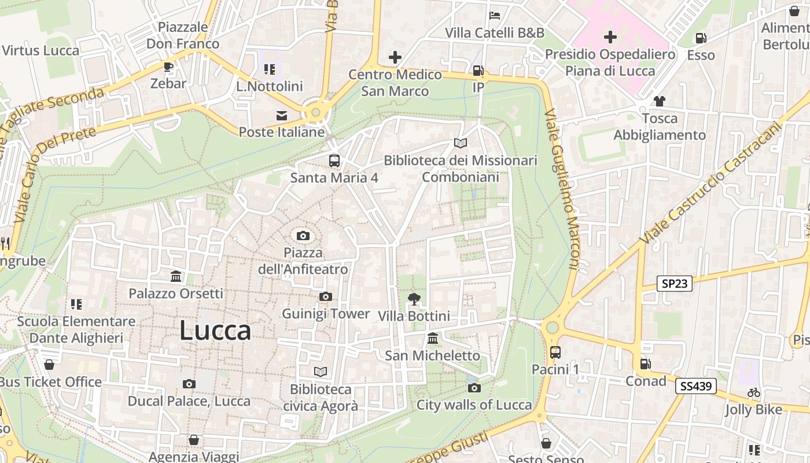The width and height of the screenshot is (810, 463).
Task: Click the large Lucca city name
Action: [x=215, y=330]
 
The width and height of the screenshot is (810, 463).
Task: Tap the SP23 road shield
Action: [x=675, y=283]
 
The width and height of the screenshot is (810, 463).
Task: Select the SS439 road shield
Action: [x=695, y=386]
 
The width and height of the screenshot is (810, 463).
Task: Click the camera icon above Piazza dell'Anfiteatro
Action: [x=303, y=236]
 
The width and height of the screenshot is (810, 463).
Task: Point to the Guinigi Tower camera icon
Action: [x=326, y=297]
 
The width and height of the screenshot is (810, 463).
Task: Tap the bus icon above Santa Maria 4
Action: [x=334, y=161]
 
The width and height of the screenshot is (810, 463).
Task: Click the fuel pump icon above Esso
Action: [x=701, y=38]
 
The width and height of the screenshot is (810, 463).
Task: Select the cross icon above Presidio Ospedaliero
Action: [x=610, y=38]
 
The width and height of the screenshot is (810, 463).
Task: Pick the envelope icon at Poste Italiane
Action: [x=282, y=116]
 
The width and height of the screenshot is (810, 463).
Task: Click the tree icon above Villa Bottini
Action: [x=414, y=299]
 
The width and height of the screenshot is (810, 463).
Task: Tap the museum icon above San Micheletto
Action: [x=432, y=339]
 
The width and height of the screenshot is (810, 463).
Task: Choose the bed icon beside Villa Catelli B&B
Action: [x=495, y=16]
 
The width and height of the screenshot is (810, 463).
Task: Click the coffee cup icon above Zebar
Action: [x=168, y=67]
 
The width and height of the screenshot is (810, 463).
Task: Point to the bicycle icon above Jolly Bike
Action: [x=753, y=392]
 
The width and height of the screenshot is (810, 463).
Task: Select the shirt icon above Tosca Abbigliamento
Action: [x=659, y=101]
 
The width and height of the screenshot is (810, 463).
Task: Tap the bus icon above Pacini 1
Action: [x=555, y=352]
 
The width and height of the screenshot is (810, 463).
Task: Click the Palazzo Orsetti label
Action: [x=175, y=293]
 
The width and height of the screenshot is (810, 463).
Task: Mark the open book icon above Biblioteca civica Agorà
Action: [x=321, y=372]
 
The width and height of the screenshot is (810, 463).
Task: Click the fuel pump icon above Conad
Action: [x=645, y=364]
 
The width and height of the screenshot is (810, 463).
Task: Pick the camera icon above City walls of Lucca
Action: [x=474, y=388]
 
